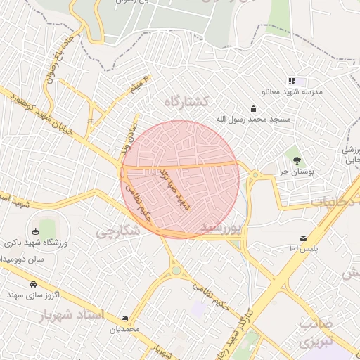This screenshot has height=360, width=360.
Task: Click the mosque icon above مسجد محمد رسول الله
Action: coord(254,109)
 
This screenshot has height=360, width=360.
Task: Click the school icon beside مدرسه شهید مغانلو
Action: coord(292,82)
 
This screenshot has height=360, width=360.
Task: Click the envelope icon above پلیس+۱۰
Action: coord(303,238)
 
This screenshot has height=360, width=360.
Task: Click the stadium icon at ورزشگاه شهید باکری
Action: coord(36,232)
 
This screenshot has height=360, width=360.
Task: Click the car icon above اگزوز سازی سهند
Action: coord(33,284)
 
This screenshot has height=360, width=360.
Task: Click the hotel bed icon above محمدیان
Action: coord(125,318)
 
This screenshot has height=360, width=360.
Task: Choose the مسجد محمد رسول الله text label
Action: coord(253,120)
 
